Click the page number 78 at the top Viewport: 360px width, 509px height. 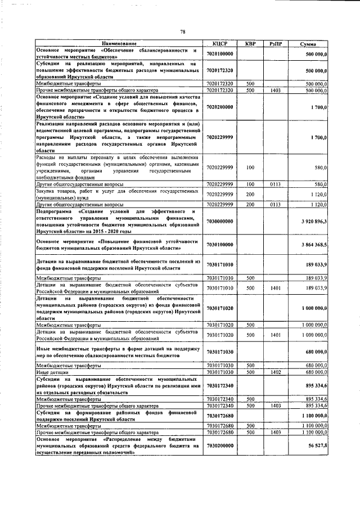[183, 31]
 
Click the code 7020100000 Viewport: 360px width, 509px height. [220, 53]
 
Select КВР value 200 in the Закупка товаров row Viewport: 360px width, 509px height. [250, 194]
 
